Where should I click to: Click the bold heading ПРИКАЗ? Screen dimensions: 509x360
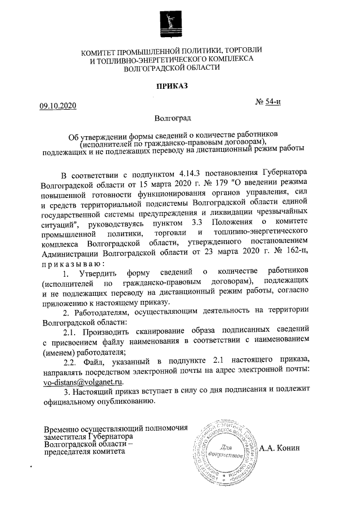pos(172,86)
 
